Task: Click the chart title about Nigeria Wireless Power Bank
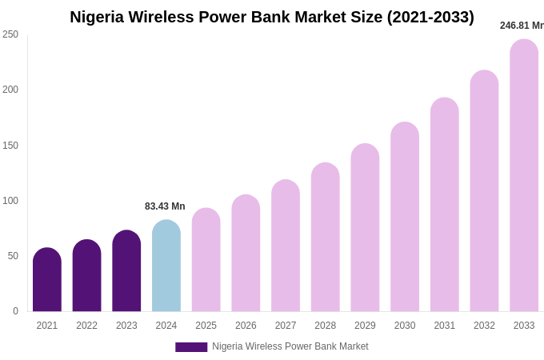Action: coord(272,17)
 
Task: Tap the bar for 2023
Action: coord(126,271)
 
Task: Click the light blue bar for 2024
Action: coord(166,266)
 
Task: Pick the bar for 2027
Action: coord(286,246)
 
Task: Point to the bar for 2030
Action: coord(405,217)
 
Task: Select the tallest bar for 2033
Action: coord(524,175)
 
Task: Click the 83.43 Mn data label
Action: coord(165,206)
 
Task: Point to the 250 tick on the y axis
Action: coord(10,34)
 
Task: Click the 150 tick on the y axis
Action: coord(10,146)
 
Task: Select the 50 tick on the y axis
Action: coord(13,256)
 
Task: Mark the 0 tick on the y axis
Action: coord(15,311)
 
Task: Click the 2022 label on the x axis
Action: coord(86,326)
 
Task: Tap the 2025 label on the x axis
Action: coord(206,326)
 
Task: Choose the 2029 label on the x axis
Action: coord(365,326)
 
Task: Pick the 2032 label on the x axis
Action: coord(484,326)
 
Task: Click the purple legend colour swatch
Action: coord(191,347)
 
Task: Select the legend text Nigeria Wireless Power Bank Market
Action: coord(290,346)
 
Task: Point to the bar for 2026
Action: coord(246,253)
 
